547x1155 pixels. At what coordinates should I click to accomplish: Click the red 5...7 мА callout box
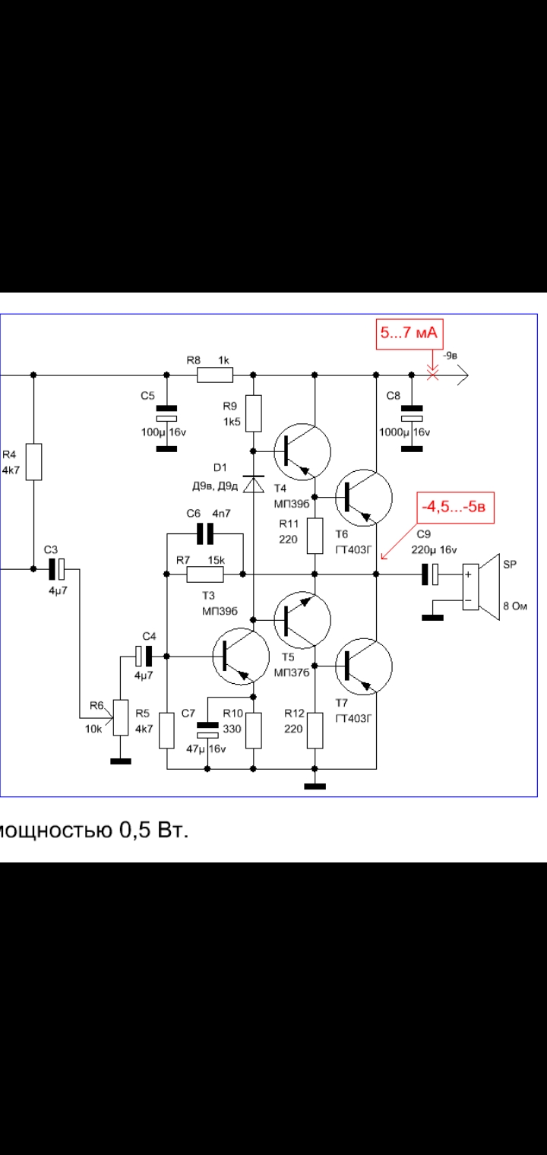pyautogui.click(x=409, y=334)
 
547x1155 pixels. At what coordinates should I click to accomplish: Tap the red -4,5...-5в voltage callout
pyautogui.click(x=454, y=507)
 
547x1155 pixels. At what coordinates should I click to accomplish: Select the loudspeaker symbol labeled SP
pyautogui.click(x=481, y=587)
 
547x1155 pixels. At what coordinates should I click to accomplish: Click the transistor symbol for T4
pyautogui.click(x=302, y=451)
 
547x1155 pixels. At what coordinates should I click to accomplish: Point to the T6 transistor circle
pyautogui.click(x=363, y=498)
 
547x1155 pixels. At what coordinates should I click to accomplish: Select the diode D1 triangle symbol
pyautogui.click(x=253, y=484)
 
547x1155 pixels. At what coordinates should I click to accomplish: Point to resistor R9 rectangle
pyautogui.click(x=253, y=413)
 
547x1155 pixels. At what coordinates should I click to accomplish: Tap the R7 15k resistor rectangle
pyautogui.click(x=205, y=574)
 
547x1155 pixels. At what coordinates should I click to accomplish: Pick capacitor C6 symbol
pyautogui.click(x=205, y=533)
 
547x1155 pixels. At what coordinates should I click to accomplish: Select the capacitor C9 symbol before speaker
pyautogui.click(x=430, y=574)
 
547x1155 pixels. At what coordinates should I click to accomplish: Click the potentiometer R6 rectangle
pyautogui.click(x=121, y=717)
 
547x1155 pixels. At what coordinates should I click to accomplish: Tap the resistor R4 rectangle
pyautogui.click(x=33, y=462)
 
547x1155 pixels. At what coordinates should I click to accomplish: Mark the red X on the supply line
pyautogui.click(x=433, y=375)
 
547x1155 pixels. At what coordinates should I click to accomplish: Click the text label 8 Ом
pyautogui.click(x=515, y=606)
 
